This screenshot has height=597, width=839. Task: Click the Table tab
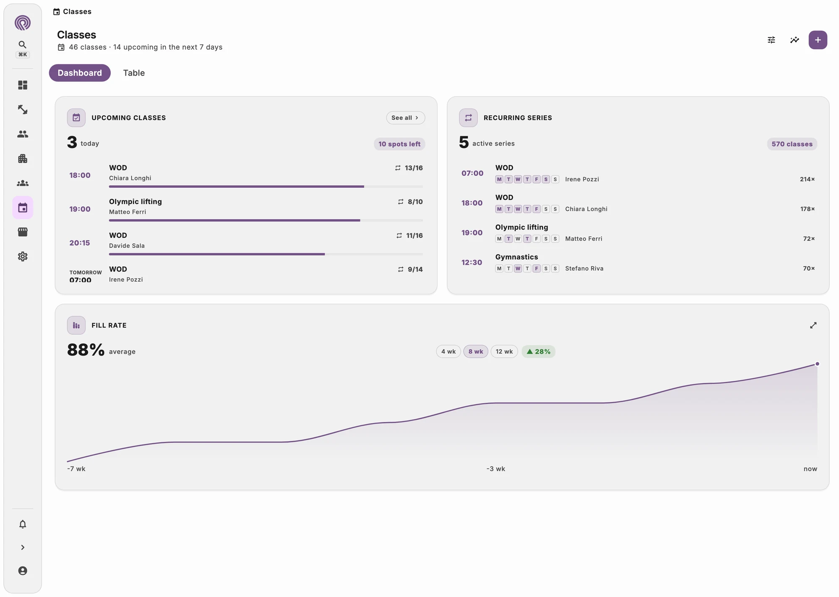(134, 73)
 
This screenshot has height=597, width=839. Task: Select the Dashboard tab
(80, 73)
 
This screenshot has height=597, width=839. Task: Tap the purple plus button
(818, 40)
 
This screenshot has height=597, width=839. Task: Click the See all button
(405, 118)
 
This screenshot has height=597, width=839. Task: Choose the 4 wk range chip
(448, 351)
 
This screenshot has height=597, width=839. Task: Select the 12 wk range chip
(504, 351)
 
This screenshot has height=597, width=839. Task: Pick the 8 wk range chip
(476, 351)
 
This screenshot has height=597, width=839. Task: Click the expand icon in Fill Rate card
(813, 325)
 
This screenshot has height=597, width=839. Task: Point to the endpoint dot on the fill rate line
(817, 364)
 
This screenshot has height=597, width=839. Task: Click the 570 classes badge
(792, 144)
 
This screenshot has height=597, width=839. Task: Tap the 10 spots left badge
(399, 144)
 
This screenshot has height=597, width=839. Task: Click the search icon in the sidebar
(23, 45)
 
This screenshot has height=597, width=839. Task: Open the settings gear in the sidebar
(23, 257)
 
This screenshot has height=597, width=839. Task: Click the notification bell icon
(23, 524)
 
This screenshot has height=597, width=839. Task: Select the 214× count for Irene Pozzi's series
(807, 179)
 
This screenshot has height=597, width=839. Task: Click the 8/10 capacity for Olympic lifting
(415, 202)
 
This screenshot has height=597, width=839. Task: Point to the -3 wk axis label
(496, 469)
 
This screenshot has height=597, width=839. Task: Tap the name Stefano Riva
(584, 268)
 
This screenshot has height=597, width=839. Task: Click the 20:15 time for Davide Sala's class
(80, 243)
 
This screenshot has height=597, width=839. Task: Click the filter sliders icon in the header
(771, 40)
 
